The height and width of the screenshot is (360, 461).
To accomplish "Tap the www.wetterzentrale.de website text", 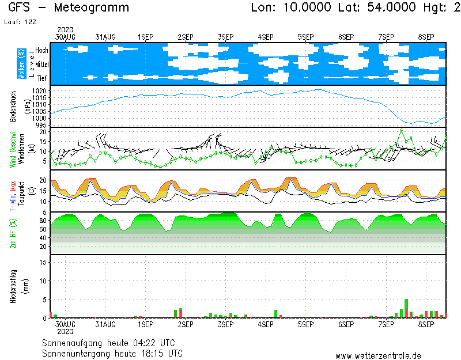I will (378, 356).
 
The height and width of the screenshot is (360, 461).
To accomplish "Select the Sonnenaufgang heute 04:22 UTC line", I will (112, 343).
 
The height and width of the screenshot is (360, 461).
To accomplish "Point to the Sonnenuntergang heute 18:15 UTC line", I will (112, 353).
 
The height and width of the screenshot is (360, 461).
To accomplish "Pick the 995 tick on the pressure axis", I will (41, 125).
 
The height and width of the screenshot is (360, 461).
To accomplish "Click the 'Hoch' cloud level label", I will (41, 51).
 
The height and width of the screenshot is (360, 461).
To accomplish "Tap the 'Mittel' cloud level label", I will (41, 65).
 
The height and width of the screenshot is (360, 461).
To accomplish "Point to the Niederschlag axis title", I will (13, 286).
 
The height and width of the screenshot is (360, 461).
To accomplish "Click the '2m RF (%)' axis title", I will (13, 233).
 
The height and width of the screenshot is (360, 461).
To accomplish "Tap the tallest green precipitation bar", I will (406, 308).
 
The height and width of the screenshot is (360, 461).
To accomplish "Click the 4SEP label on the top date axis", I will (266, 37).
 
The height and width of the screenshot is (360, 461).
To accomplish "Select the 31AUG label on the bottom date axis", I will (105, 324).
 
